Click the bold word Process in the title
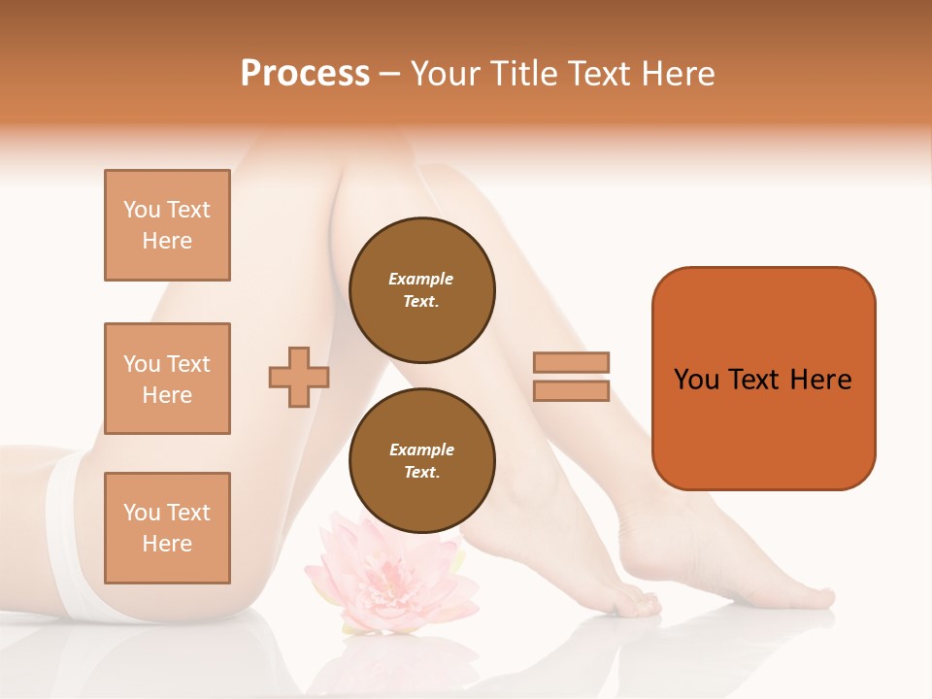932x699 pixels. click(305, 74)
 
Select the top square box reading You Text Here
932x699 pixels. click(167, 225)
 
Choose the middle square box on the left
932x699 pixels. click(167, 379)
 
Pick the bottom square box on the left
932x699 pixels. click(167, 528)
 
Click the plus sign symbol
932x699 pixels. click(299, 377)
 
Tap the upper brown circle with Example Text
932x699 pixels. click(421, 290)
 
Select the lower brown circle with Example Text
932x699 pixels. click(421, 461)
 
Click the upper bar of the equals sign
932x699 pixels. click(572, 362)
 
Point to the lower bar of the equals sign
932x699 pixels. click(572, 390)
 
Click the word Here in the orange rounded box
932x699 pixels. click(820, 380)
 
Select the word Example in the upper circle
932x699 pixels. click(421, 279)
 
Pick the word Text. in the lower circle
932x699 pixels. click(421, 473)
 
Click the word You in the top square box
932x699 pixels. click(141, 210)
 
